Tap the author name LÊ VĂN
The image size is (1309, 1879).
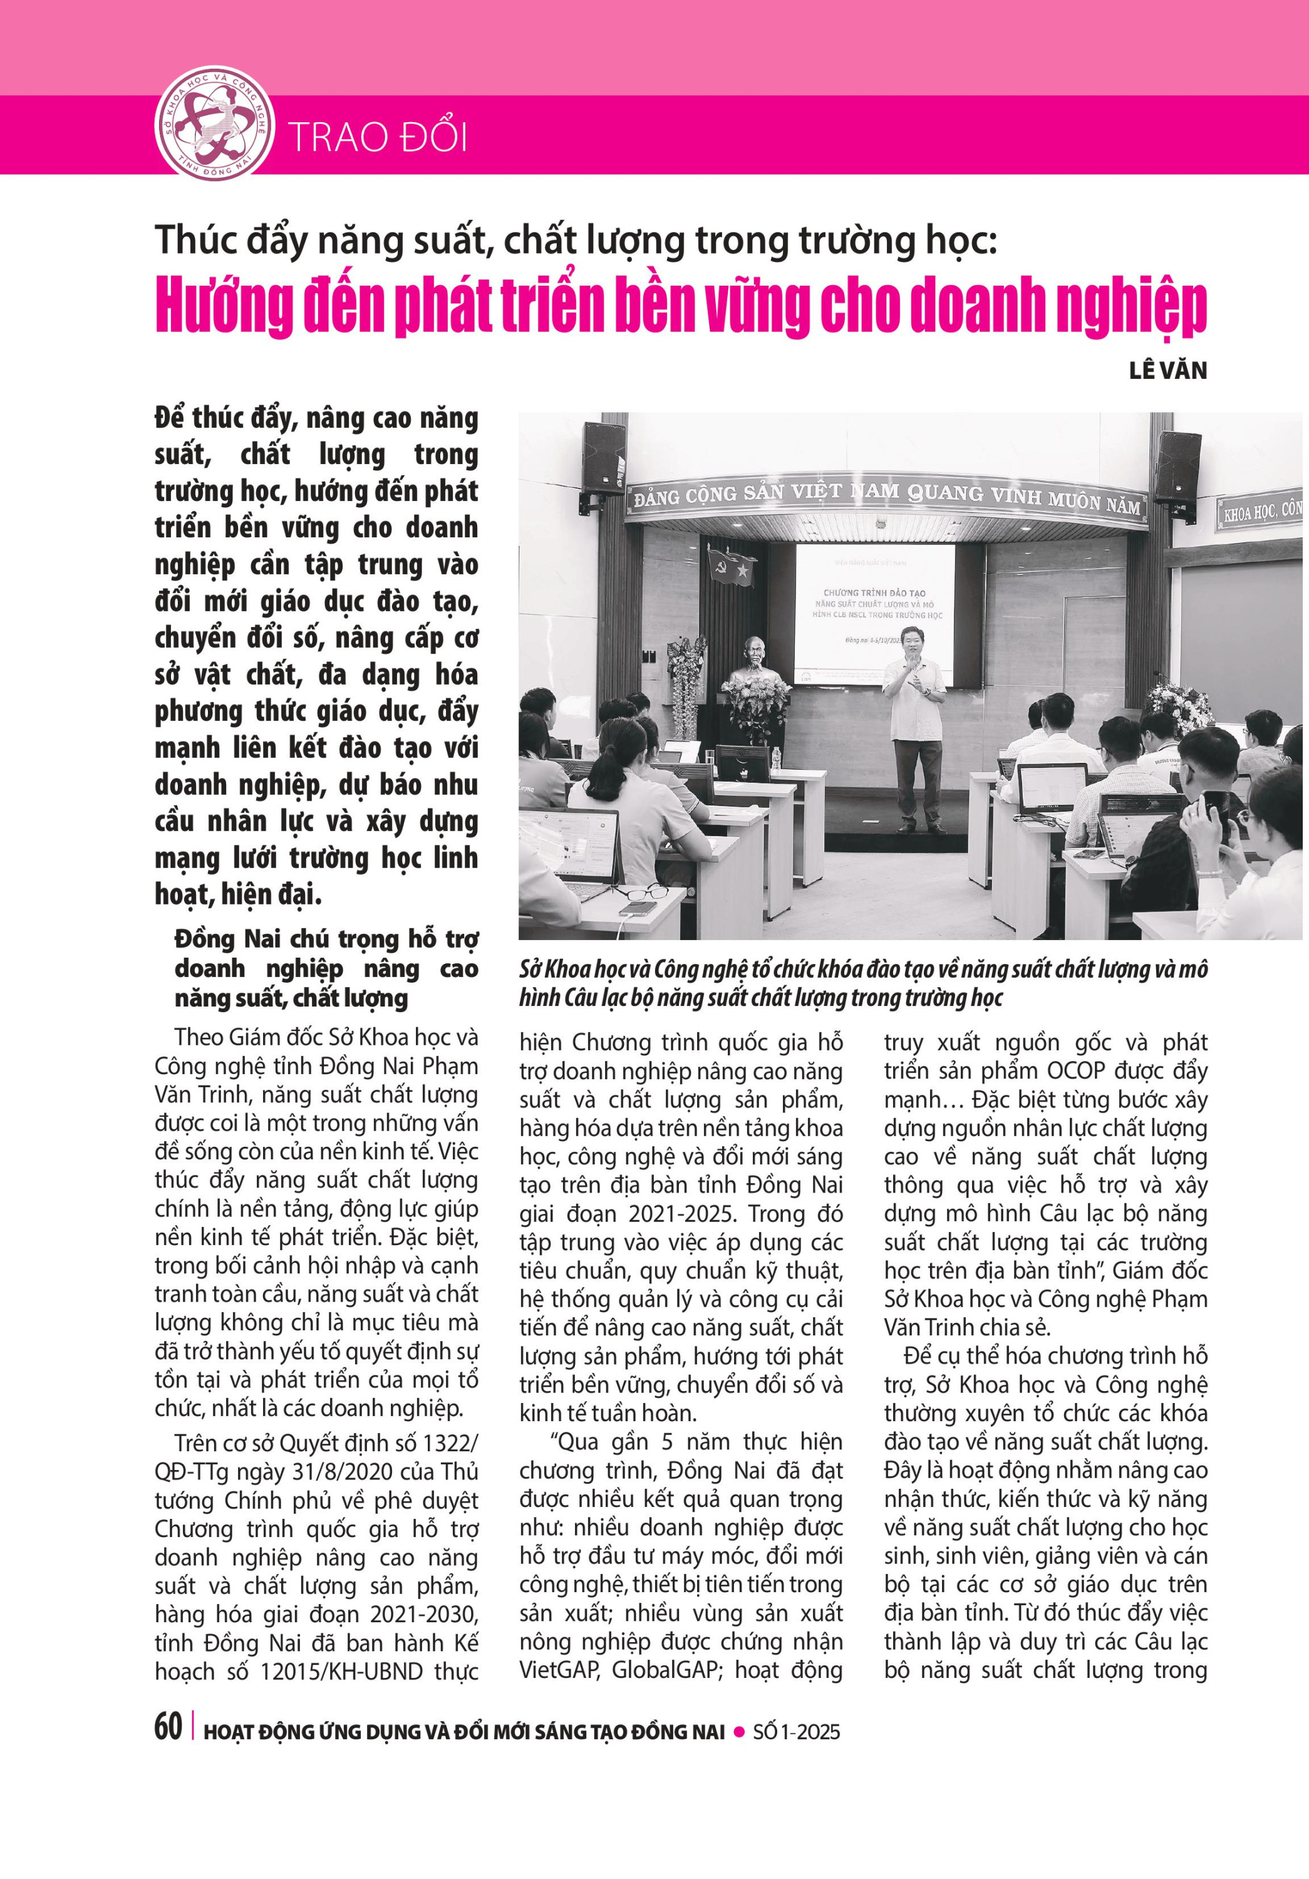[1167, 371]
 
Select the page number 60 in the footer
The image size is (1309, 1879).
[168, 1727]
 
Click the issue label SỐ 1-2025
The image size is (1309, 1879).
[796, 1732]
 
